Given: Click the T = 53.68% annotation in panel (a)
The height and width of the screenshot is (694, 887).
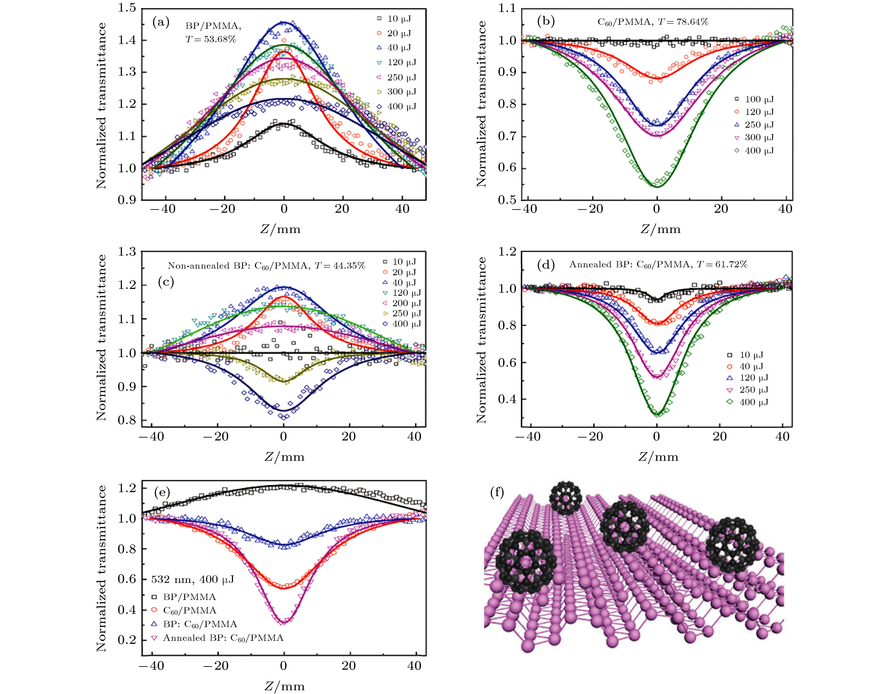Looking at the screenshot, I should tap(210, 39).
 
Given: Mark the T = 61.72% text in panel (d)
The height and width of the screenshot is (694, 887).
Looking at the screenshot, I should tap(722, 265).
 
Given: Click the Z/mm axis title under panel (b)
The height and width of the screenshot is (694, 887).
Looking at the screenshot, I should tap(660, 229).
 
